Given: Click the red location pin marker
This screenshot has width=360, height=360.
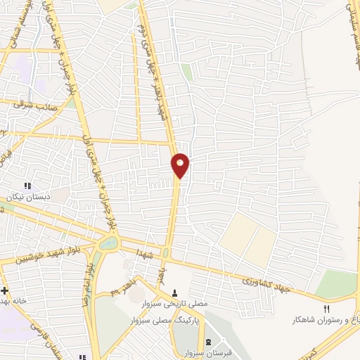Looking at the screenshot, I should pos(181,165).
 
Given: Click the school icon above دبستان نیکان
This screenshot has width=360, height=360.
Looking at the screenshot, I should pos(27,186).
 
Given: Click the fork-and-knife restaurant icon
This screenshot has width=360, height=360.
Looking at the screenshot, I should pos(326,309).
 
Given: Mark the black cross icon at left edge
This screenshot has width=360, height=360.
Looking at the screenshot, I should pos(4,290).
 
